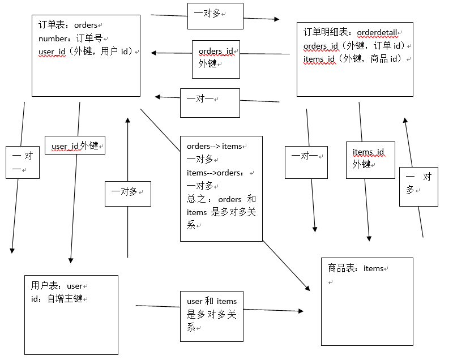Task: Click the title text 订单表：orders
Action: [x=67, y=25]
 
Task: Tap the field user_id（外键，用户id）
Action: [x=86, y=52]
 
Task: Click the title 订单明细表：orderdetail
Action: [x=351, y=32]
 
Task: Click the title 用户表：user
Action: [x=57, y=286]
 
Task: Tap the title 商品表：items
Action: [x=356, y=268]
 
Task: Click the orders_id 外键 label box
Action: [x=216, y=58]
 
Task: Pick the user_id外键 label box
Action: [x=75, y=146]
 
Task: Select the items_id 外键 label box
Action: [x=370, y=158]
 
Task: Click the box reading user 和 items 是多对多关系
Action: [x=212, y=315]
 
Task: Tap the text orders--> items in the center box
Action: [x=214, y=147]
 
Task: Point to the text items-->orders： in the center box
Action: [x=215, y=173]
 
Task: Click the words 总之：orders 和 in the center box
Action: [x=221, y=199]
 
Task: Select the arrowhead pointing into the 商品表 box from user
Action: [x=300, y=311]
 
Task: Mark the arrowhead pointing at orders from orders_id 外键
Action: [x=154, y=53]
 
